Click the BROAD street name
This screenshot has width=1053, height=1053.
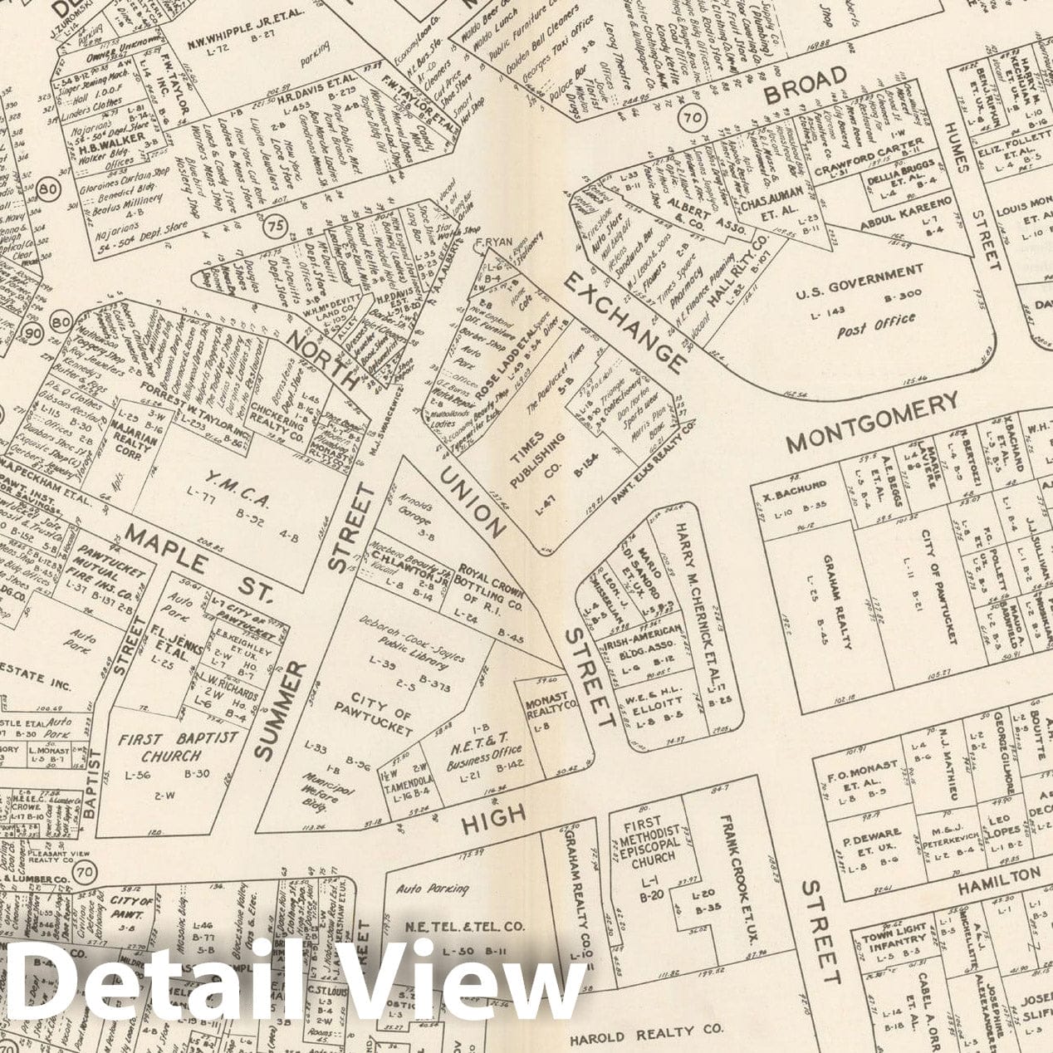coord(806,85)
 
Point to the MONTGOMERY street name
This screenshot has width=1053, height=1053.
coord(872,421)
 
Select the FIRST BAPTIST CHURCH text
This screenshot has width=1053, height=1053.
coord(178,747)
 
